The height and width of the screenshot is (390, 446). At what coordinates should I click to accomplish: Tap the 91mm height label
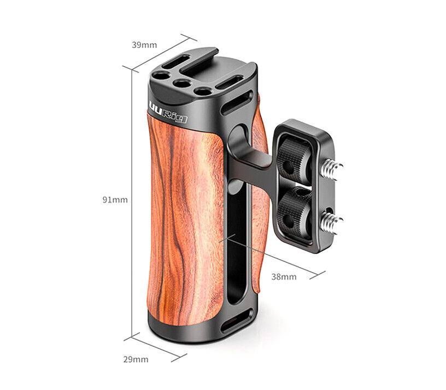(115, 200)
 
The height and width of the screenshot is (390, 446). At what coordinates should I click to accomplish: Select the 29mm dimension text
(135, 359)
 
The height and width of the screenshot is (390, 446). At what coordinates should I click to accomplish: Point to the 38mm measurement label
(284, 277)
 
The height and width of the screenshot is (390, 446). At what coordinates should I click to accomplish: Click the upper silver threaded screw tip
(334, 164)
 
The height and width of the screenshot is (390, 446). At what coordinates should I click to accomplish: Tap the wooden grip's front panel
(186, 218)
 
